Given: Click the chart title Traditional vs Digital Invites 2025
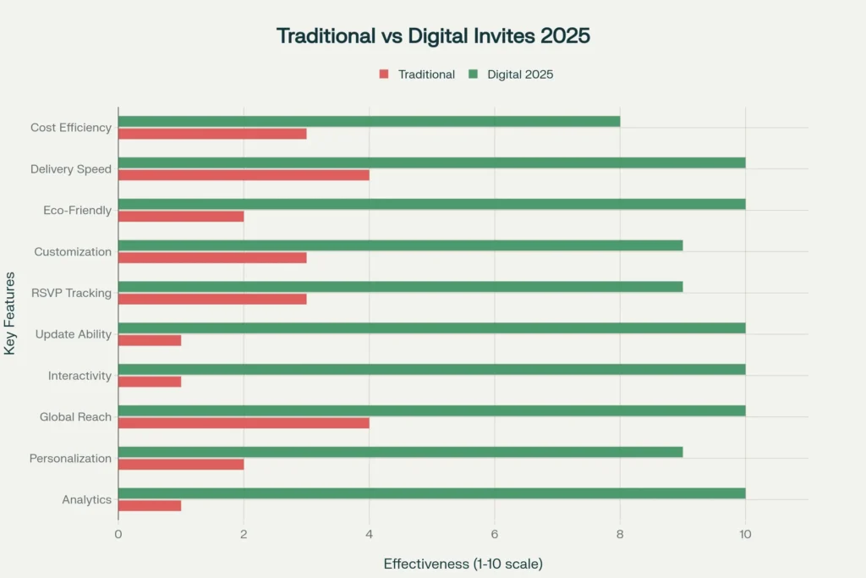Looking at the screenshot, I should [433, 36].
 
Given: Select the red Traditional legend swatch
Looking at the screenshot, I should [384, 74].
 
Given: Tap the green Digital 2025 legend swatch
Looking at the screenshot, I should [473, 74].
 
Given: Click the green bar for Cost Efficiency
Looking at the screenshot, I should [369, 121].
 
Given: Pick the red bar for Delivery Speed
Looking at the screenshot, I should [244, 175].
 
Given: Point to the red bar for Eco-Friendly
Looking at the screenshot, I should [181, 217].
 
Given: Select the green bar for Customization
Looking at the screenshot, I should [400, 245].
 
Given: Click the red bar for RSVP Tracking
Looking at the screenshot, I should [212, 299].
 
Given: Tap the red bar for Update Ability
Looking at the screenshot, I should [150, 340].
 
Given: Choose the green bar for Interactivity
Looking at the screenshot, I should [431, 369].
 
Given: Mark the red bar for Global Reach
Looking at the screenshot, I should [244, 422].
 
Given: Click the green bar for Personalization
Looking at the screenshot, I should [400, 452].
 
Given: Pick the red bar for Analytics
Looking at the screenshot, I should [150, 505].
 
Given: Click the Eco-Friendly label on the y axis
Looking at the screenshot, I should [77, 210].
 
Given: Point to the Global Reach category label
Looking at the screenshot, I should [75, 417].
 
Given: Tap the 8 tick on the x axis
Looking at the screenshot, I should [620, 534].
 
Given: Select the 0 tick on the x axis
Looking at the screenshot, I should [118, 534].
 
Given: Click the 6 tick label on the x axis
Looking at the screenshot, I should [494, 534].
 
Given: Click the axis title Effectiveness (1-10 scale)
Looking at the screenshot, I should [463, 564].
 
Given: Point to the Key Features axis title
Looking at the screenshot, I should [10, 313].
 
